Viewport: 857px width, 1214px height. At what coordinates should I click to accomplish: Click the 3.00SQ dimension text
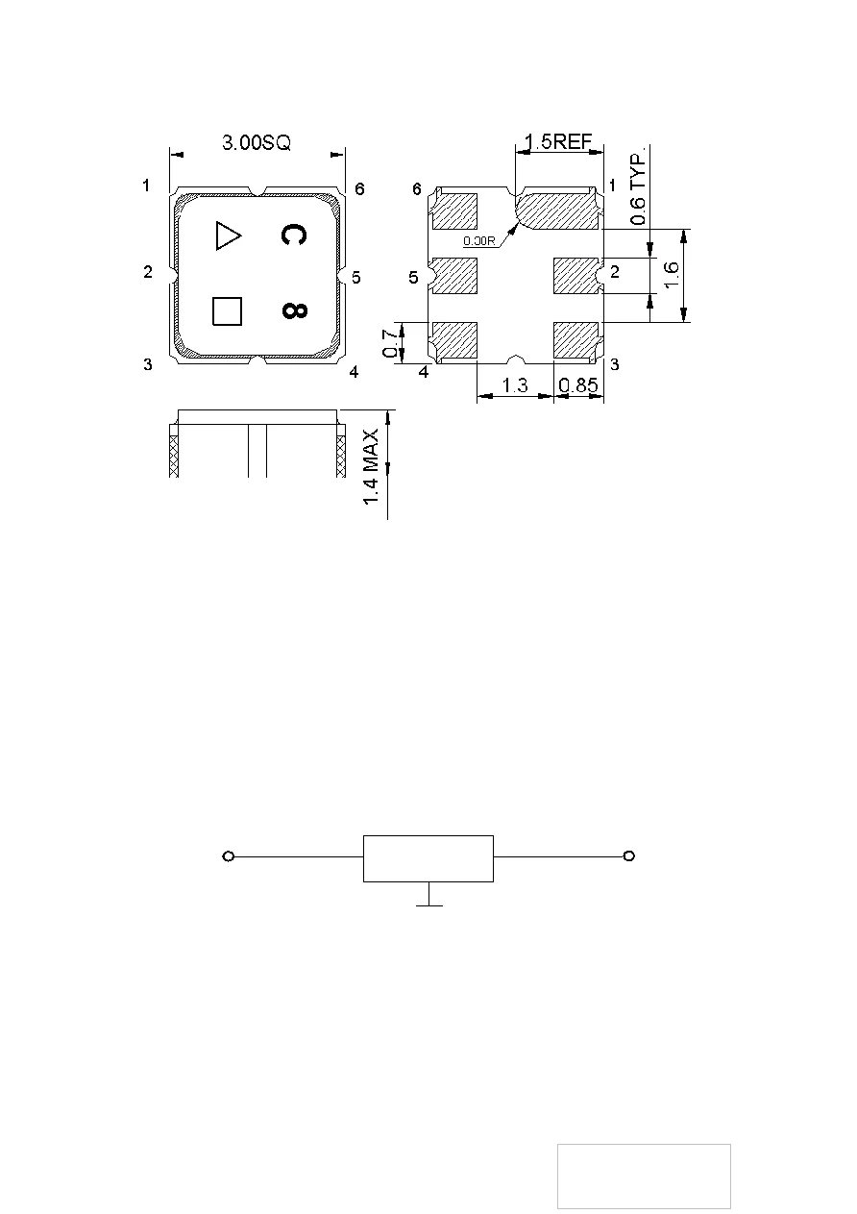click(x=257, y=142)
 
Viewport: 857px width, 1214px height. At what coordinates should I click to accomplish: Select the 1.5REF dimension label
click(x=558, y=142)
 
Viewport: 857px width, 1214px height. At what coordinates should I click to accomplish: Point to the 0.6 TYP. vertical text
click(x=638, y=187)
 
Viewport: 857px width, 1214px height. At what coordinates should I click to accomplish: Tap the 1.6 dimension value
click(x=672, y=277)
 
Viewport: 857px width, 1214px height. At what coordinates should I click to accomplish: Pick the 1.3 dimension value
click(x=516, y=385)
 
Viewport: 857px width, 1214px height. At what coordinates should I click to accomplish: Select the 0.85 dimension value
click(x=579, y=385)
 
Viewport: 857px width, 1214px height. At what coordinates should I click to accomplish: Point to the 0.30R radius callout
click(x=478, y=241)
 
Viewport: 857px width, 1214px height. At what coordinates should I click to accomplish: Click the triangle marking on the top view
click(x=228, y=235)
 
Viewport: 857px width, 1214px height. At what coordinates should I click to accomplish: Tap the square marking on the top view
click(x=227, y=311)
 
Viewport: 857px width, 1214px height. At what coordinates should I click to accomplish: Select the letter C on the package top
click(x=294, y=235)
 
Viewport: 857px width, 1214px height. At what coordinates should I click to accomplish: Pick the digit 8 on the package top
click(x=294, y=311)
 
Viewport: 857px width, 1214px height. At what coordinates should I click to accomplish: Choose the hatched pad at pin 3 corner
click(x=577, y=339)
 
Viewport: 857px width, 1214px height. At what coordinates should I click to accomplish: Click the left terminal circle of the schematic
click(x=229, y=856)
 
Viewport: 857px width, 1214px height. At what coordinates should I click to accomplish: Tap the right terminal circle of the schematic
click(x=628, y=856)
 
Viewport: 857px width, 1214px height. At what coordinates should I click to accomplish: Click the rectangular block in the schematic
click(x=428, y=858)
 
